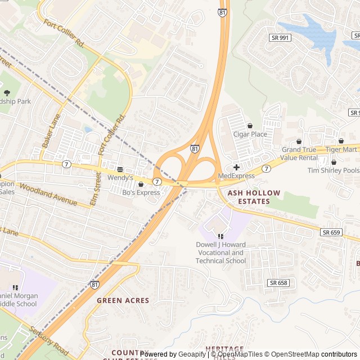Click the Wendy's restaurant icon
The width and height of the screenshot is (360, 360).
120,169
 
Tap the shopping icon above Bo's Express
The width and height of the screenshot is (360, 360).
141,183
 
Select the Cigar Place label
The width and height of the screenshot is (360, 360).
250,134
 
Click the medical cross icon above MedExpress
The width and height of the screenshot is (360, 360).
236,167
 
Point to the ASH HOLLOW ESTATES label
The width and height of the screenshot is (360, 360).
253,197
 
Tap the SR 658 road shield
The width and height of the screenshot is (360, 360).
278,283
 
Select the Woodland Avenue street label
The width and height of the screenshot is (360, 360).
48,193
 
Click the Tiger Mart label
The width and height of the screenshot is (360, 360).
341,150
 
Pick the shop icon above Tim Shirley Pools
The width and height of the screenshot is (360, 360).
333,162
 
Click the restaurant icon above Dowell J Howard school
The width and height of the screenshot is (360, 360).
220,236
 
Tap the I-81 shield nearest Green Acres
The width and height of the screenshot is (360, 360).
95,285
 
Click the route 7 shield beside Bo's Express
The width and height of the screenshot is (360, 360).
157,182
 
